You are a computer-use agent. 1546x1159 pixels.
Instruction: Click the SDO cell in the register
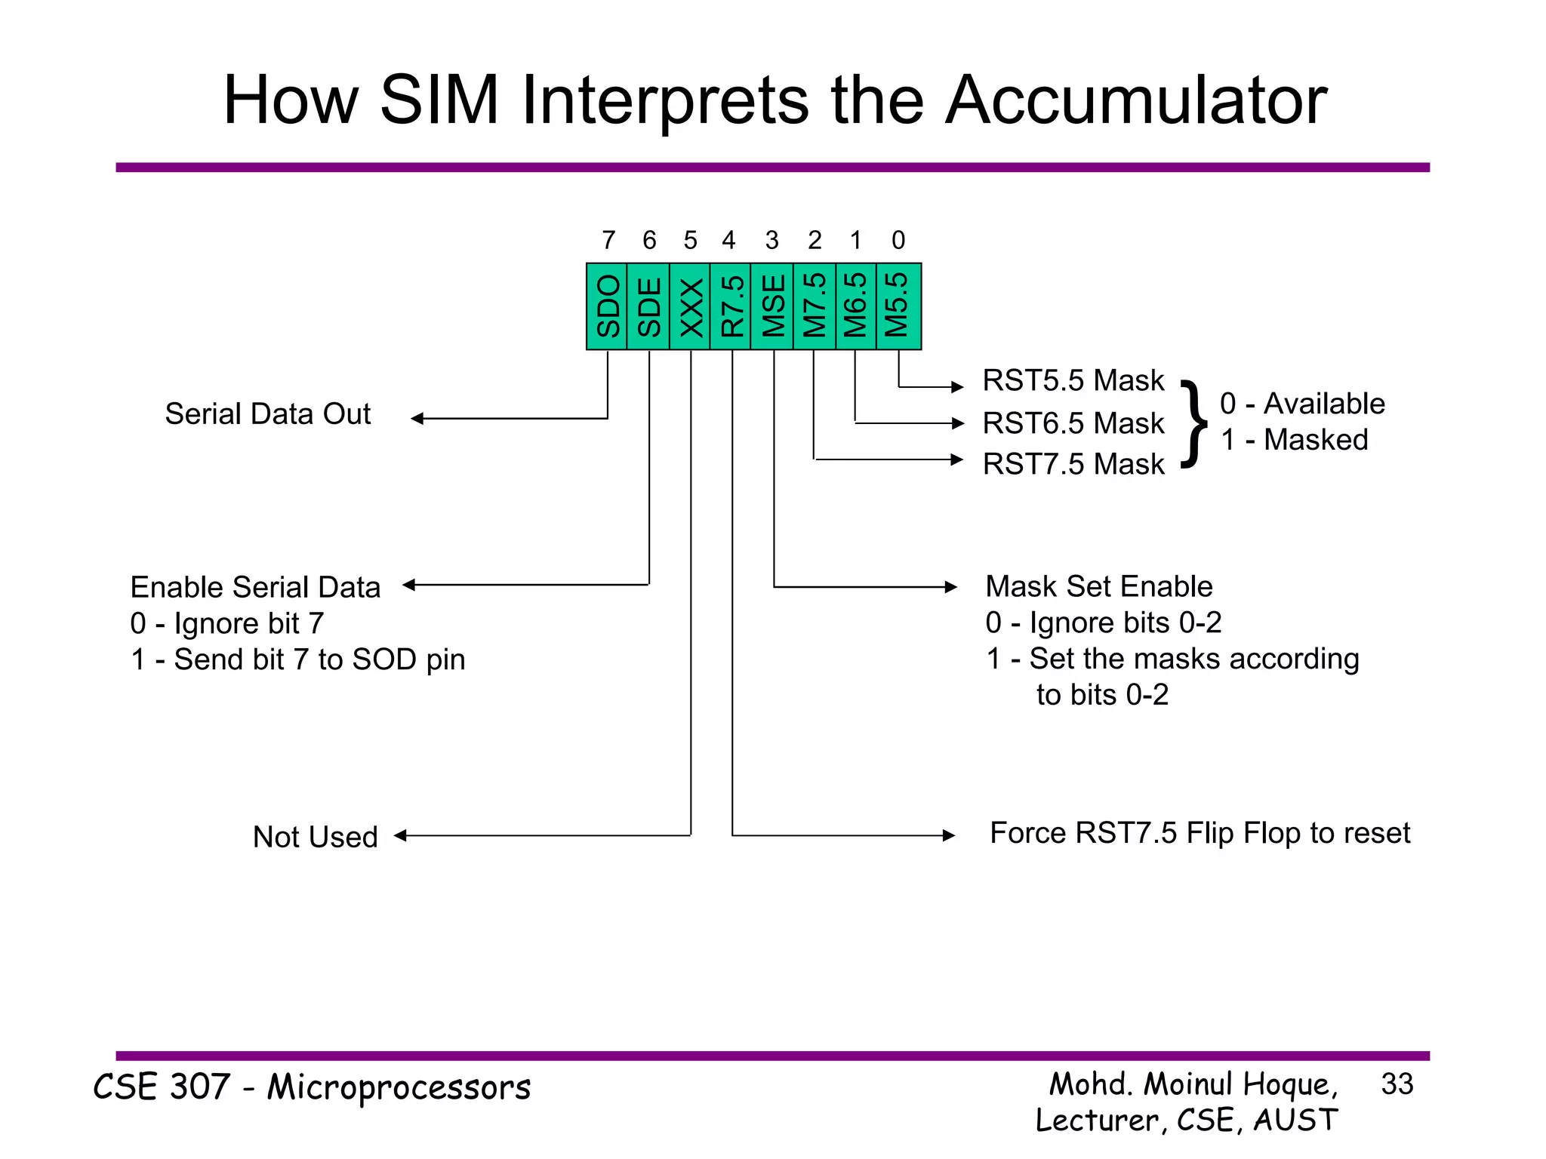(607, 306)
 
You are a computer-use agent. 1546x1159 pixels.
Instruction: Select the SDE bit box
(648, 306)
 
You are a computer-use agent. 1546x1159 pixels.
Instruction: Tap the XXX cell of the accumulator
(690, 306)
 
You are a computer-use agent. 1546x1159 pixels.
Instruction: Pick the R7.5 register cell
(731, 306)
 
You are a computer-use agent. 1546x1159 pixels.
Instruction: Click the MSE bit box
(772, 306)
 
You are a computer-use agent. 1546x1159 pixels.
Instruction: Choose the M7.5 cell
(815, 306)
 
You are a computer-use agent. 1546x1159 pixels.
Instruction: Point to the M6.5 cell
(856, 306)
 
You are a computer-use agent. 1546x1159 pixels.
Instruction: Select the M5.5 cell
(898, 306)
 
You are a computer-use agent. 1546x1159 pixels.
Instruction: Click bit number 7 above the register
(608, 241)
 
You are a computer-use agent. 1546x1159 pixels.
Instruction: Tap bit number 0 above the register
(898, 241)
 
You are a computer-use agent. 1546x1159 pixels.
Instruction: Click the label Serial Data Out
(268, 414)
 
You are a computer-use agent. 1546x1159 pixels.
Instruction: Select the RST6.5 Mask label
(1073, 423)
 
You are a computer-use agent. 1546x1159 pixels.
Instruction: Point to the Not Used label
(315, 837)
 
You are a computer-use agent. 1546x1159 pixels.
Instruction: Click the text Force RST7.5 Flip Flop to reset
(1200, 833)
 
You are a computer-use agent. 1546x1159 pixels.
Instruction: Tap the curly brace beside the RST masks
(1193, 424)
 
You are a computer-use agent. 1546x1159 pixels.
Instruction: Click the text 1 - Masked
(1294, 440)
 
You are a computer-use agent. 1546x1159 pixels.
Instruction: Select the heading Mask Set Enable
(1098, 586)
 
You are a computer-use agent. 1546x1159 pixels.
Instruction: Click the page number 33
(1397, 1084)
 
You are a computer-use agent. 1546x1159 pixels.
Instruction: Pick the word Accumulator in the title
(1135, 100)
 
